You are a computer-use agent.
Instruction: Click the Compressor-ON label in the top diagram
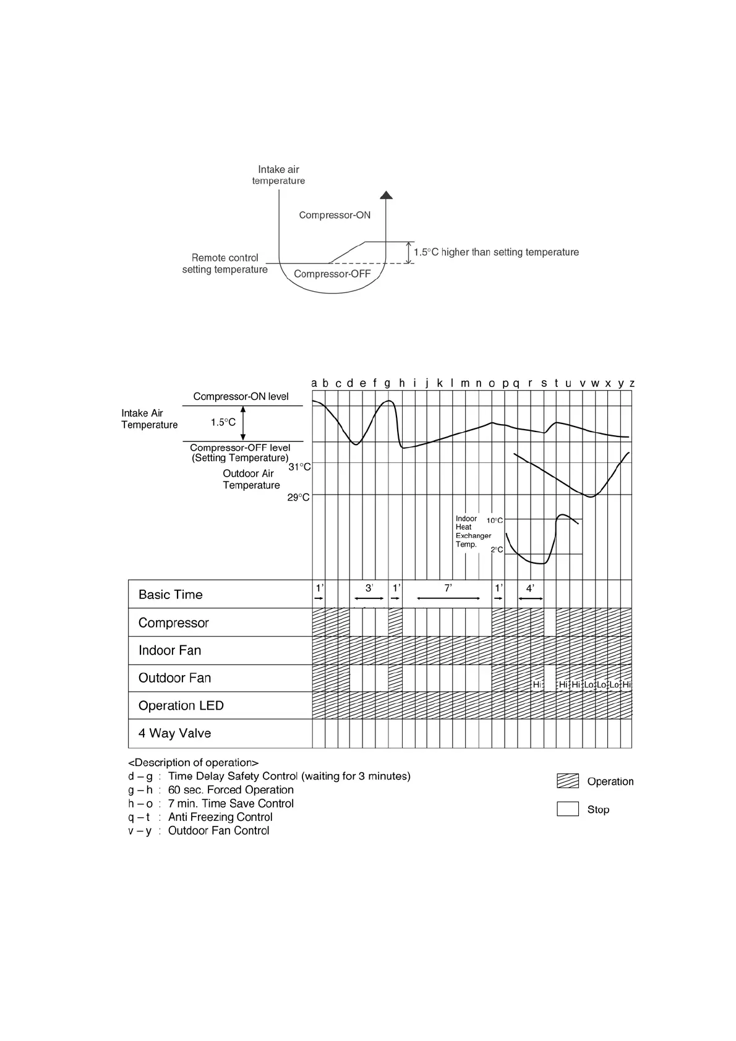335,215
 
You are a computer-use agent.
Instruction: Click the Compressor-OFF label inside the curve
332,274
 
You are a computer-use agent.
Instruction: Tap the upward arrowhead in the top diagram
387,195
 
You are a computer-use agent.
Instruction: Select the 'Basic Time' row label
171,595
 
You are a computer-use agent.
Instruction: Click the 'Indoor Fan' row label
169,650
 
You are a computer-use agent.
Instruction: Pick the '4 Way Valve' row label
174,733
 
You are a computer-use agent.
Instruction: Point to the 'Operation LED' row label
181,706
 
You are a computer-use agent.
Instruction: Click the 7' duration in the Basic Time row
448,588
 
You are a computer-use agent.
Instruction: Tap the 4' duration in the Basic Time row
530,588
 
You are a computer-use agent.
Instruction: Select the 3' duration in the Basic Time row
369,588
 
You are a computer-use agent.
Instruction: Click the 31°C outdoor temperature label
300,467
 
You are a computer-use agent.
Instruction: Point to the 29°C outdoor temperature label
299,497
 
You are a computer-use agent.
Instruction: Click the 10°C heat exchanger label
495,520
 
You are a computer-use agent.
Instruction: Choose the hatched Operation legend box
568,781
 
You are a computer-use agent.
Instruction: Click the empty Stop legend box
568,809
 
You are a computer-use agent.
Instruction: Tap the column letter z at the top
632,383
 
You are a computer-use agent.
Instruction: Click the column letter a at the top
314,383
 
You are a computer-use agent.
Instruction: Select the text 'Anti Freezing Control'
220,817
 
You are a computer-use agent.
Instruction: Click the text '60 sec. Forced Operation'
231,790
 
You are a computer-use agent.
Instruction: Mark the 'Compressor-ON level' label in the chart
241,397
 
